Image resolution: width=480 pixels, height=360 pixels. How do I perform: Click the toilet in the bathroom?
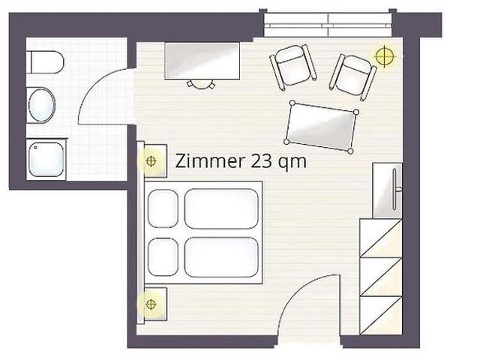tap(45, 62)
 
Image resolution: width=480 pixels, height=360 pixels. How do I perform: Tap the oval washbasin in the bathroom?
tap(42, 105)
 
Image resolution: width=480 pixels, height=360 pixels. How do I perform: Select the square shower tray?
tap(46, 159)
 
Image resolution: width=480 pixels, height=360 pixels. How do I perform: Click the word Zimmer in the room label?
tap(210, 160)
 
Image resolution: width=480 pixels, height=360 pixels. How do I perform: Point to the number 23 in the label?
tap(261, 160)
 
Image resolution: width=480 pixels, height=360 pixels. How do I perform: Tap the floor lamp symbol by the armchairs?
tap(385, 56)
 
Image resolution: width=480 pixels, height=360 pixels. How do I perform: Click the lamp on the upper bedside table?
tap(151, 160)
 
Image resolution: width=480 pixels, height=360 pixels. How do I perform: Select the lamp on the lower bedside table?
tap(151, 304)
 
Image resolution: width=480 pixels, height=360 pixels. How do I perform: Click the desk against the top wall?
tap(202, 61)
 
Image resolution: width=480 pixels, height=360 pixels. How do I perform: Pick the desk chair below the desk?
tap(201, 84)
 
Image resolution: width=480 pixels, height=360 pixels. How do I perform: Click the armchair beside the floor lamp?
tap(352, 76)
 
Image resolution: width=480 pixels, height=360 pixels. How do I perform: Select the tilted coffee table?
tap(321, 127)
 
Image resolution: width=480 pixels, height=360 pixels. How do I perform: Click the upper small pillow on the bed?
tap(163, 208)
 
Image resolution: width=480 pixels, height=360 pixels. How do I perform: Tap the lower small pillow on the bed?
tap(163, 257)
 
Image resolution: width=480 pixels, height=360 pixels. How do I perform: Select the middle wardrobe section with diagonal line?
tap(380, 277)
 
